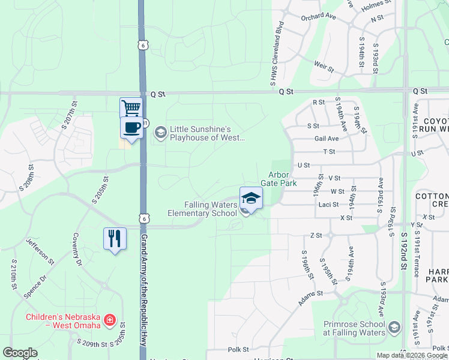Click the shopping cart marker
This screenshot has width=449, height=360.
coord(131,108)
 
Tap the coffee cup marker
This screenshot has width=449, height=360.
coord(131,127)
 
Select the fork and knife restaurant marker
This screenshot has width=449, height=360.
coord(114,239)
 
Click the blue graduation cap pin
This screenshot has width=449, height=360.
coord(251,198)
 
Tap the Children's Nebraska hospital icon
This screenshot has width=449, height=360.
coord(109,320)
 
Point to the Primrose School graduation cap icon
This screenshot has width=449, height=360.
coord(394,327)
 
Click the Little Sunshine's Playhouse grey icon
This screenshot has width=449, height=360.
coord(160,131)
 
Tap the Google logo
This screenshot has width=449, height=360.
coord(20,353)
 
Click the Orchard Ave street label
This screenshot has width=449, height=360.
coord(316,17)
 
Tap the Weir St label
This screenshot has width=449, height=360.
coord(324,66)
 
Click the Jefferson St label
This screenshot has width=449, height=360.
coord(40,252)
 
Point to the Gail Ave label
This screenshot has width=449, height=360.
coord(327,138)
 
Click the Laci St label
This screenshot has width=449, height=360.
coord(329,204)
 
